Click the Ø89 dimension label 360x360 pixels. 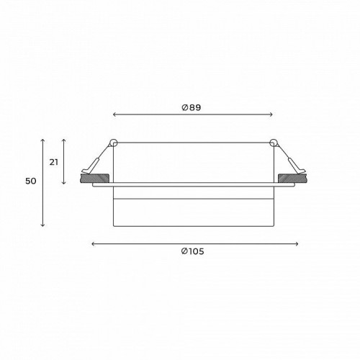tap(191, 107)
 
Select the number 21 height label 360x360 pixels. tap(54, 162)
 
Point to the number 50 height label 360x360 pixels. tap(30, 181)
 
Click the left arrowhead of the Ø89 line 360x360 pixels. tap(115, 114)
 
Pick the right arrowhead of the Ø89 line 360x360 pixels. tap(272, 114)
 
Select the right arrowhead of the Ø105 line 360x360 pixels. tap(294, 243)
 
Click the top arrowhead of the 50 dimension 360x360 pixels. tap(43, 138)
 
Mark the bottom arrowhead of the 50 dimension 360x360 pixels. tap(43, 226)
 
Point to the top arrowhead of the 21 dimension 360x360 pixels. tap(65, 138)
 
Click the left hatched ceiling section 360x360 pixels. tap(94, 177)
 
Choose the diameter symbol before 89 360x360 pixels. tap(185, 107)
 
